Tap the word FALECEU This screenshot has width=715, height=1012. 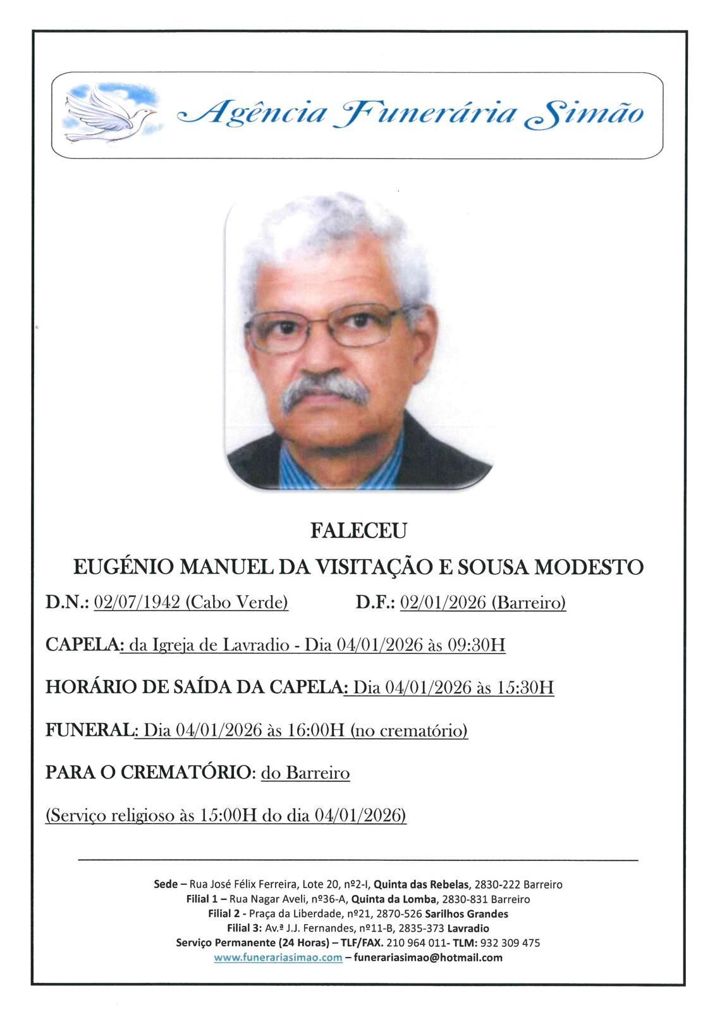[x=358, y=531]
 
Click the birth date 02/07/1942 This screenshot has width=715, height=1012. [x=136, y=603]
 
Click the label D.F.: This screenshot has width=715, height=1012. [x=375, y=603]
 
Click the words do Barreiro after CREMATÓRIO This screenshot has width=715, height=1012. [x=305, y=773]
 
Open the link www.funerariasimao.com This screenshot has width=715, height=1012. [x=278, y=958]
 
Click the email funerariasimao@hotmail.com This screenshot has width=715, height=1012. [x=428, y=958]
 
